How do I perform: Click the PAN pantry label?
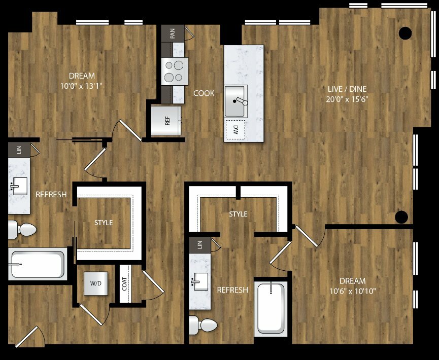point(173,33)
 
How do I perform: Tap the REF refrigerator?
point(166,121)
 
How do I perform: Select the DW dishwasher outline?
point(235,129)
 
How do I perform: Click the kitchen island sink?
point(236,101)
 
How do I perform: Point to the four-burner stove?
point(175,71)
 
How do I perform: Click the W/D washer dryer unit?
point(96,283)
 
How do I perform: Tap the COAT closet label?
point(124,283)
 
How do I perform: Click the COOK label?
point(204,93)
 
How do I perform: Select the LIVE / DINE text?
point(347,89)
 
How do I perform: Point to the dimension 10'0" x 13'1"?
point(81,86)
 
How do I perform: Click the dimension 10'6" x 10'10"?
point(353,291)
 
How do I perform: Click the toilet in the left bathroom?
point(22,229)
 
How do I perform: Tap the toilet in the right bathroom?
point(203,325)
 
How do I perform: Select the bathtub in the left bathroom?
point(38,264)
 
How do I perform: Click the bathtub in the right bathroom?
point(271,307)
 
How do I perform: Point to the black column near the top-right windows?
point(405,33)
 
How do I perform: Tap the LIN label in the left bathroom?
point(19,150)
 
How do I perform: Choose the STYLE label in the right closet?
point(238,214)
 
